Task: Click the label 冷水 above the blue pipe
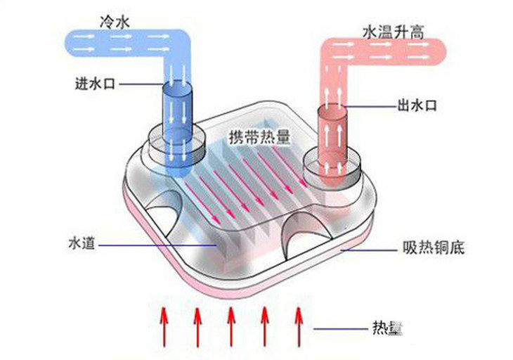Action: [115, 22]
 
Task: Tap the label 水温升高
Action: [394, 33]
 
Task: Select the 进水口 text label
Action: [95, 84]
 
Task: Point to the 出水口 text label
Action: [417, 105]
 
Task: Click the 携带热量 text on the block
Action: [259, 137]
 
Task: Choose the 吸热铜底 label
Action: [434, 247]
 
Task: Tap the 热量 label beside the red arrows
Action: [387, 328]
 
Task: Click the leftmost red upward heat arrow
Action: [164, 326]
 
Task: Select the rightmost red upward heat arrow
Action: [299, 326]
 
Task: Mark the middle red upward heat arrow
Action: [231, 326]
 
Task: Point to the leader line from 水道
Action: [157, 245]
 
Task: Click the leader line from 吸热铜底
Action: [369, 250]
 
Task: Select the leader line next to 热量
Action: [340, 328]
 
